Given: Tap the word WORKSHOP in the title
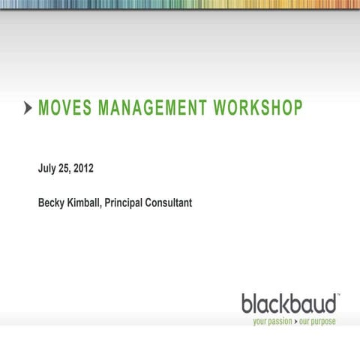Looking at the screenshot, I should pos(258,109).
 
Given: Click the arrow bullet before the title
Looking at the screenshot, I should pos(28,109).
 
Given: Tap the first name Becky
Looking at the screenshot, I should pos(52,202).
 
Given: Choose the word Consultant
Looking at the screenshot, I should pos(175,202).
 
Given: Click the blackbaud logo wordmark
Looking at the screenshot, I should pos(289,304).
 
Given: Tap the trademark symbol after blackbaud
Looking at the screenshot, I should pos(339,295).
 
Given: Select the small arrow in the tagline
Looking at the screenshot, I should pos(295,321).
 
